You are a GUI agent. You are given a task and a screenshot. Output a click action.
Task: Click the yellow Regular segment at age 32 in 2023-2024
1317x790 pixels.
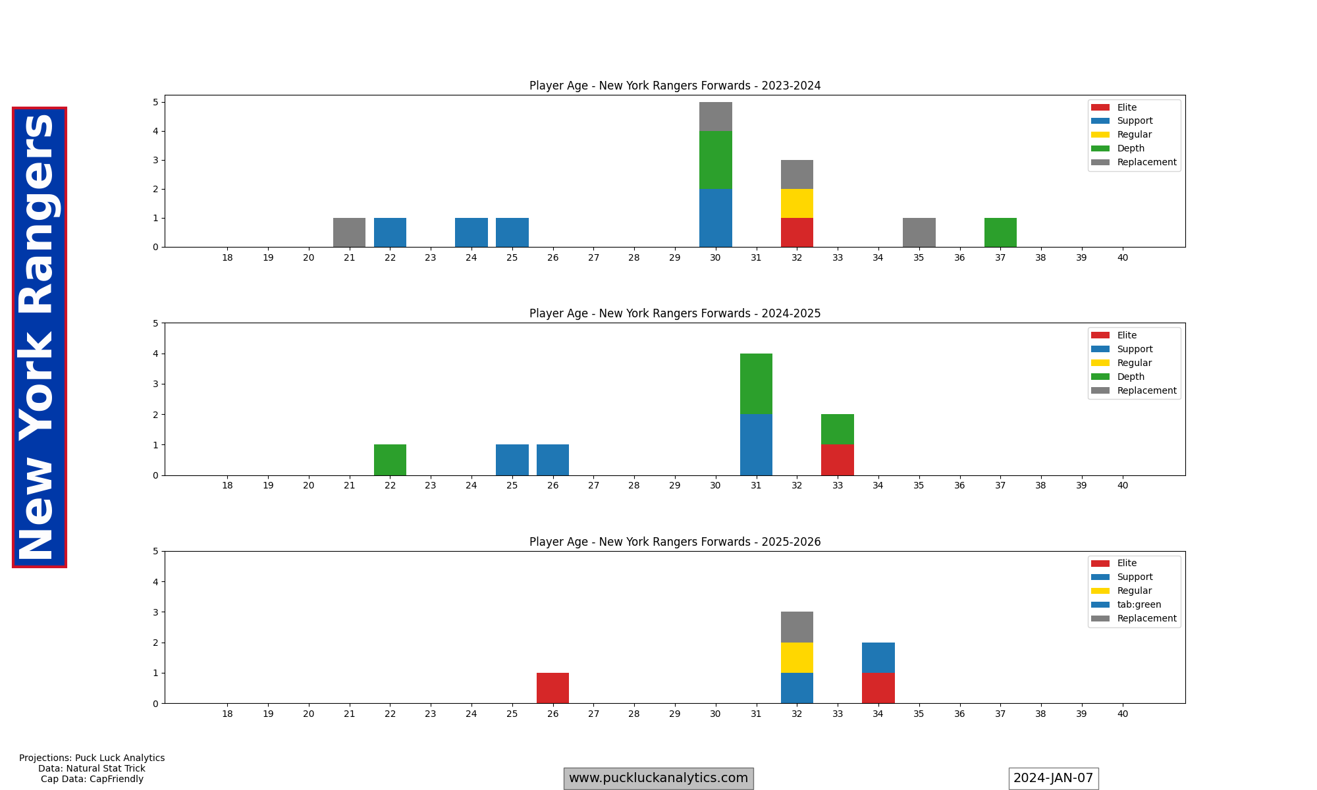point(797,203)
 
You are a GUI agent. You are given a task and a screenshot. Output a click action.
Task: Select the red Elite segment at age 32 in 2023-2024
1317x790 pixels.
point(797,232)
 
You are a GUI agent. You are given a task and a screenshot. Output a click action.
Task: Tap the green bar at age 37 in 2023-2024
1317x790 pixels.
point(1000,232)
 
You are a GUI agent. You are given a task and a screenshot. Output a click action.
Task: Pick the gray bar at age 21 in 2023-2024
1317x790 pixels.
point(349,232)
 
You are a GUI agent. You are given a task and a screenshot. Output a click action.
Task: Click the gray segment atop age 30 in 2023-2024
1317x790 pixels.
point(715,117)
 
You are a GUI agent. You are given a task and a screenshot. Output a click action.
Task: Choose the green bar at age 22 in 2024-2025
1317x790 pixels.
point(390,460)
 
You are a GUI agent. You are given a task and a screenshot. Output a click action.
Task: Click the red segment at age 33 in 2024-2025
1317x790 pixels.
point(838,460)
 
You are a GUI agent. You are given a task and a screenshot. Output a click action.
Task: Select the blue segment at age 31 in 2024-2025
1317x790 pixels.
point(756,445)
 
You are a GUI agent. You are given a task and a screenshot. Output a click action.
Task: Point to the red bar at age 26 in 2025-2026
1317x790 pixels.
point(552,688)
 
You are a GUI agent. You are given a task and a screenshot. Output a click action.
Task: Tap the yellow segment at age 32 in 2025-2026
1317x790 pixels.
point(797,658)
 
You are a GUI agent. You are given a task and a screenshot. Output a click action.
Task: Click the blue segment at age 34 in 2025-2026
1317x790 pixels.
point(878,658)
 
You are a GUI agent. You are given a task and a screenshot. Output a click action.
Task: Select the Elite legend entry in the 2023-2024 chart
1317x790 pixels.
point(1127,107)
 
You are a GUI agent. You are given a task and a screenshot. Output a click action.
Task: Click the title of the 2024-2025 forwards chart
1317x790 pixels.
point(675,313)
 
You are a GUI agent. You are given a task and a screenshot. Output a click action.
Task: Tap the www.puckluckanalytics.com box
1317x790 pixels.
point(658,778)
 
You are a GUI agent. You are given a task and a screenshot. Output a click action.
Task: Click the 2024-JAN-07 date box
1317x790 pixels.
point(1053,778)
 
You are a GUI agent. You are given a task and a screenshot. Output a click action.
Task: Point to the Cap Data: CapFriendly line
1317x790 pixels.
point(92,779)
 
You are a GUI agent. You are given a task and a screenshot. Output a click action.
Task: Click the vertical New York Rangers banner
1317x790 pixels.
point(39,337)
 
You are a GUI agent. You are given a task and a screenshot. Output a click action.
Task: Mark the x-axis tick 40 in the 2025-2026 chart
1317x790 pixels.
point(1122,714)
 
